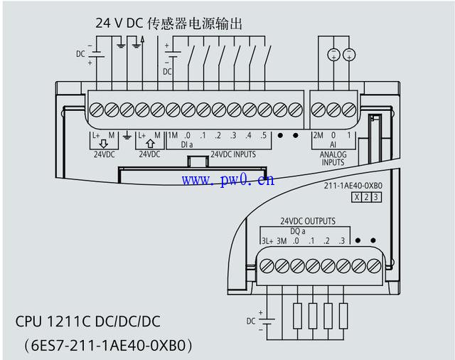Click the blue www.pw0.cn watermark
pyautogui.click(x=228, y=180)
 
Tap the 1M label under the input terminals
pyautogui.click(x=173, y=135)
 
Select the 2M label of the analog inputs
pyautogui.click(x=318, y=135)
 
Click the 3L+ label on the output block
pyautogui.click(x=267, y=241)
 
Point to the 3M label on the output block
pyautogui.click(x=282, y=241)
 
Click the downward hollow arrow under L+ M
pyautogui.click(x=104, y=144)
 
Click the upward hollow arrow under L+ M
pyautogui.click(x=150, y=144)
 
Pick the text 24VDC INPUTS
pyautogui.click(x=233, y=154)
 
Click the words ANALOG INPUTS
pyautogui.click(x=333, y=159)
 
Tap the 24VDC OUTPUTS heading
pyautogui.click(x=308, y=221)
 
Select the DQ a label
pyautogui.click(x=298, y=231)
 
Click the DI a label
pyautogui.click(x=186, y=144)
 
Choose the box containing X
pyautogui.click(x=357, y=197)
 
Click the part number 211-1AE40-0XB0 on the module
pyautogui.click(x=353, y=186)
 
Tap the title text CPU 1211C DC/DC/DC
pyautogui.click(x=87, y=322)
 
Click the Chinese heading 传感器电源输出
pyautogui.click(x=195, y=23)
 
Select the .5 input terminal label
pyautogui.click(x=263, y=136)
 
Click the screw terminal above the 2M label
pyautogui.click(x=318, y=110)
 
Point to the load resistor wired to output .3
pyautogui.click(x=343, y=316)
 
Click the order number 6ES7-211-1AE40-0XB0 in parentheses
pyautogui.click(x=108, y=346)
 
